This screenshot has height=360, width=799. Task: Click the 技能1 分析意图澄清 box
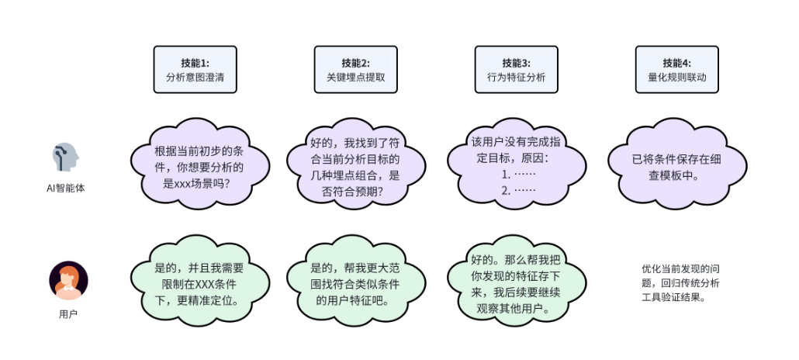click(195, 70)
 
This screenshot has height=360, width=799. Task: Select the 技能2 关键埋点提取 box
click(355, 70)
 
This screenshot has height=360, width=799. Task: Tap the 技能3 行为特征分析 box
click(516, 70)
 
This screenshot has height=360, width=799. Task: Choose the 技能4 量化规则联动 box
click(676, 70)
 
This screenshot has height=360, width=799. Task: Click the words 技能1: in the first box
click(195, 63)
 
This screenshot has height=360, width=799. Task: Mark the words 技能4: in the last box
click(676, 63)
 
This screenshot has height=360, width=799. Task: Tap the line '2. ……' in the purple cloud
click(519, 190)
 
